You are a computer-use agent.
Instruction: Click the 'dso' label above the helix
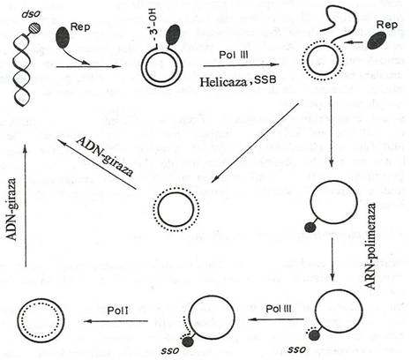point(29,15)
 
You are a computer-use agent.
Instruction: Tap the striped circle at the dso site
point(34,28)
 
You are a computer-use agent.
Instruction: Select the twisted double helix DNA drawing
point(21,70)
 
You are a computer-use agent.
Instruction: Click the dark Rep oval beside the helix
point(63,38)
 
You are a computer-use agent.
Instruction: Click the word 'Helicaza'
point(223,82)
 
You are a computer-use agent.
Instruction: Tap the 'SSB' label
point(265,79)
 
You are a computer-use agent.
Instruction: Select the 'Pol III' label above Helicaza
point(234,55)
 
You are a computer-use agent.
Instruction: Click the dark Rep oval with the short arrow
point(377,41)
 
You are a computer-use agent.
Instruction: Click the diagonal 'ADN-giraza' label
point(105,156)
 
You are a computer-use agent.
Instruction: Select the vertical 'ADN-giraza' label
point(11,209)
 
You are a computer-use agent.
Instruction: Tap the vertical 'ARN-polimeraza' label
point(370,246)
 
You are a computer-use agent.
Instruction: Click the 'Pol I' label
point(118,311)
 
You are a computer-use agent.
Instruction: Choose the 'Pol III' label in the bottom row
point(279,309)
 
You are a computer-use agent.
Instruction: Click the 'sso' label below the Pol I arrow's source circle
point(170,350)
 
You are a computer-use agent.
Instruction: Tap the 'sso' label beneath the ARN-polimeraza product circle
point(297,349)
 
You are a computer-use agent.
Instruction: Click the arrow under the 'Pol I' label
point(116,321)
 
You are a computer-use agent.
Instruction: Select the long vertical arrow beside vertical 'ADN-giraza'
point(26,206)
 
